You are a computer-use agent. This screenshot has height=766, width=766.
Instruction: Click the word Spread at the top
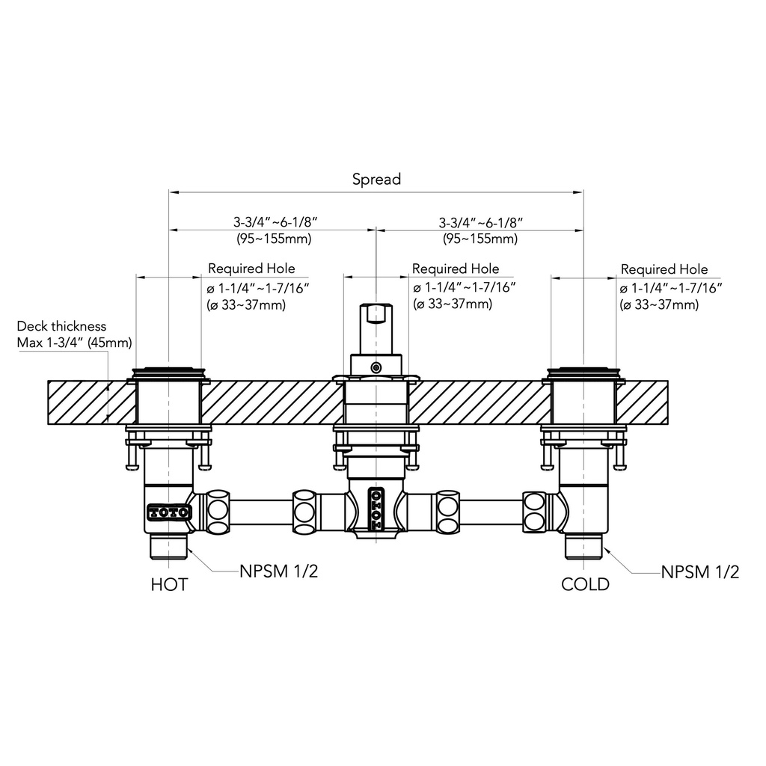tap(376, 180)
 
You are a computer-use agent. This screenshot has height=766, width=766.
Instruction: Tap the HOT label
tap(169, 584)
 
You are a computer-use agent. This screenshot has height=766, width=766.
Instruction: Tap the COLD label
tap(585, 584)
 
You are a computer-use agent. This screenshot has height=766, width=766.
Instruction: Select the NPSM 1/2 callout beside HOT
tap(278, 571)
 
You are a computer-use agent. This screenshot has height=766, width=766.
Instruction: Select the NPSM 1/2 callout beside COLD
tap(700, 572)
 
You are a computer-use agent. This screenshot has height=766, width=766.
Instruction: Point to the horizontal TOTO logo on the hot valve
tap(169, 512)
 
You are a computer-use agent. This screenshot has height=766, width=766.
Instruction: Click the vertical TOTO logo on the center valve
tap(376, 509)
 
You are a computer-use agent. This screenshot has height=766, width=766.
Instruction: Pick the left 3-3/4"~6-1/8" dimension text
tap(275, 222)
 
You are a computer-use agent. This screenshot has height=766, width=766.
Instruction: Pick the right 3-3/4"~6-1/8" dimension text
tap(481, 223)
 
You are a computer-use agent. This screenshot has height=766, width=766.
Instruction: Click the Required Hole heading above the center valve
tap(456, 269)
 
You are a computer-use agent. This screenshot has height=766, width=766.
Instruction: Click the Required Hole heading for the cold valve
tap(664, 269)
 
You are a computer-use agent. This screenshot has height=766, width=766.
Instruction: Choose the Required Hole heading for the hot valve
tap(251, 269)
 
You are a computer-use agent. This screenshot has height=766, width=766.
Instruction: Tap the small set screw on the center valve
tap(376, 367)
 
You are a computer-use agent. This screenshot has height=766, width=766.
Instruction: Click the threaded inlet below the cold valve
tap(585, 546)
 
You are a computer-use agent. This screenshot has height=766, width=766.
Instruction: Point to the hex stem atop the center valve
tap(376, 328)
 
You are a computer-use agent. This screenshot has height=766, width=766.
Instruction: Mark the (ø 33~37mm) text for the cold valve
tap(659, 305)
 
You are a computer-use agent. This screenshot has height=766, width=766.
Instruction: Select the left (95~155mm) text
tap(274, 239)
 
